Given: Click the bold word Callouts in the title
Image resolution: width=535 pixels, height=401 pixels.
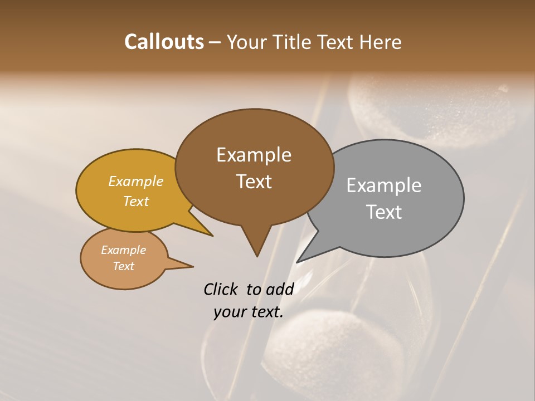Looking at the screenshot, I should (x=164, y=42).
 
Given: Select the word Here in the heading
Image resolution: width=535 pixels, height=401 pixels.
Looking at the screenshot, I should (x=381, y=42).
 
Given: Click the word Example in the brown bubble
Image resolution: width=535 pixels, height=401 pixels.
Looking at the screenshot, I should (x=254, y=155).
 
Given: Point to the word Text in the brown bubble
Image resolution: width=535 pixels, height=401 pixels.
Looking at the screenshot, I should (x=254, y=182).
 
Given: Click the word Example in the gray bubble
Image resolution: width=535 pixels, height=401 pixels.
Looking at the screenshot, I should (x=383, y=185).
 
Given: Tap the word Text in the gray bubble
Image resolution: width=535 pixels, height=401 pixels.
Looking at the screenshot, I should (x=383, y=212).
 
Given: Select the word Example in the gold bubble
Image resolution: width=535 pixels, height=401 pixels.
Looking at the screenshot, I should (x=135, y=181).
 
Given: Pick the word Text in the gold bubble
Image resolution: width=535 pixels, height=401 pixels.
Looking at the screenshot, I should (x=135, y=201).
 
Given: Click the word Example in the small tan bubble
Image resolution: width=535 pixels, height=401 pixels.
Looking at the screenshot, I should (x=123, y=250).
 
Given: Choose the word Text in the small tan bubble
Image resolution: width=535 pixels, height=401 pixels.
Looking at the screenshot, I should (x=123, y=266).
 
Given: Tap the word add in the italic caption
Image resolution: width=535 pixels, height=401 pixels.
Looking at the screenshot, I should (x=280, y=289).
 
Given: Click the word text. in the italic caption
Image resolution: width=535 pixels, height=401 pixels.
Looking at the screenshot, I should (x=265, y=312).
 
